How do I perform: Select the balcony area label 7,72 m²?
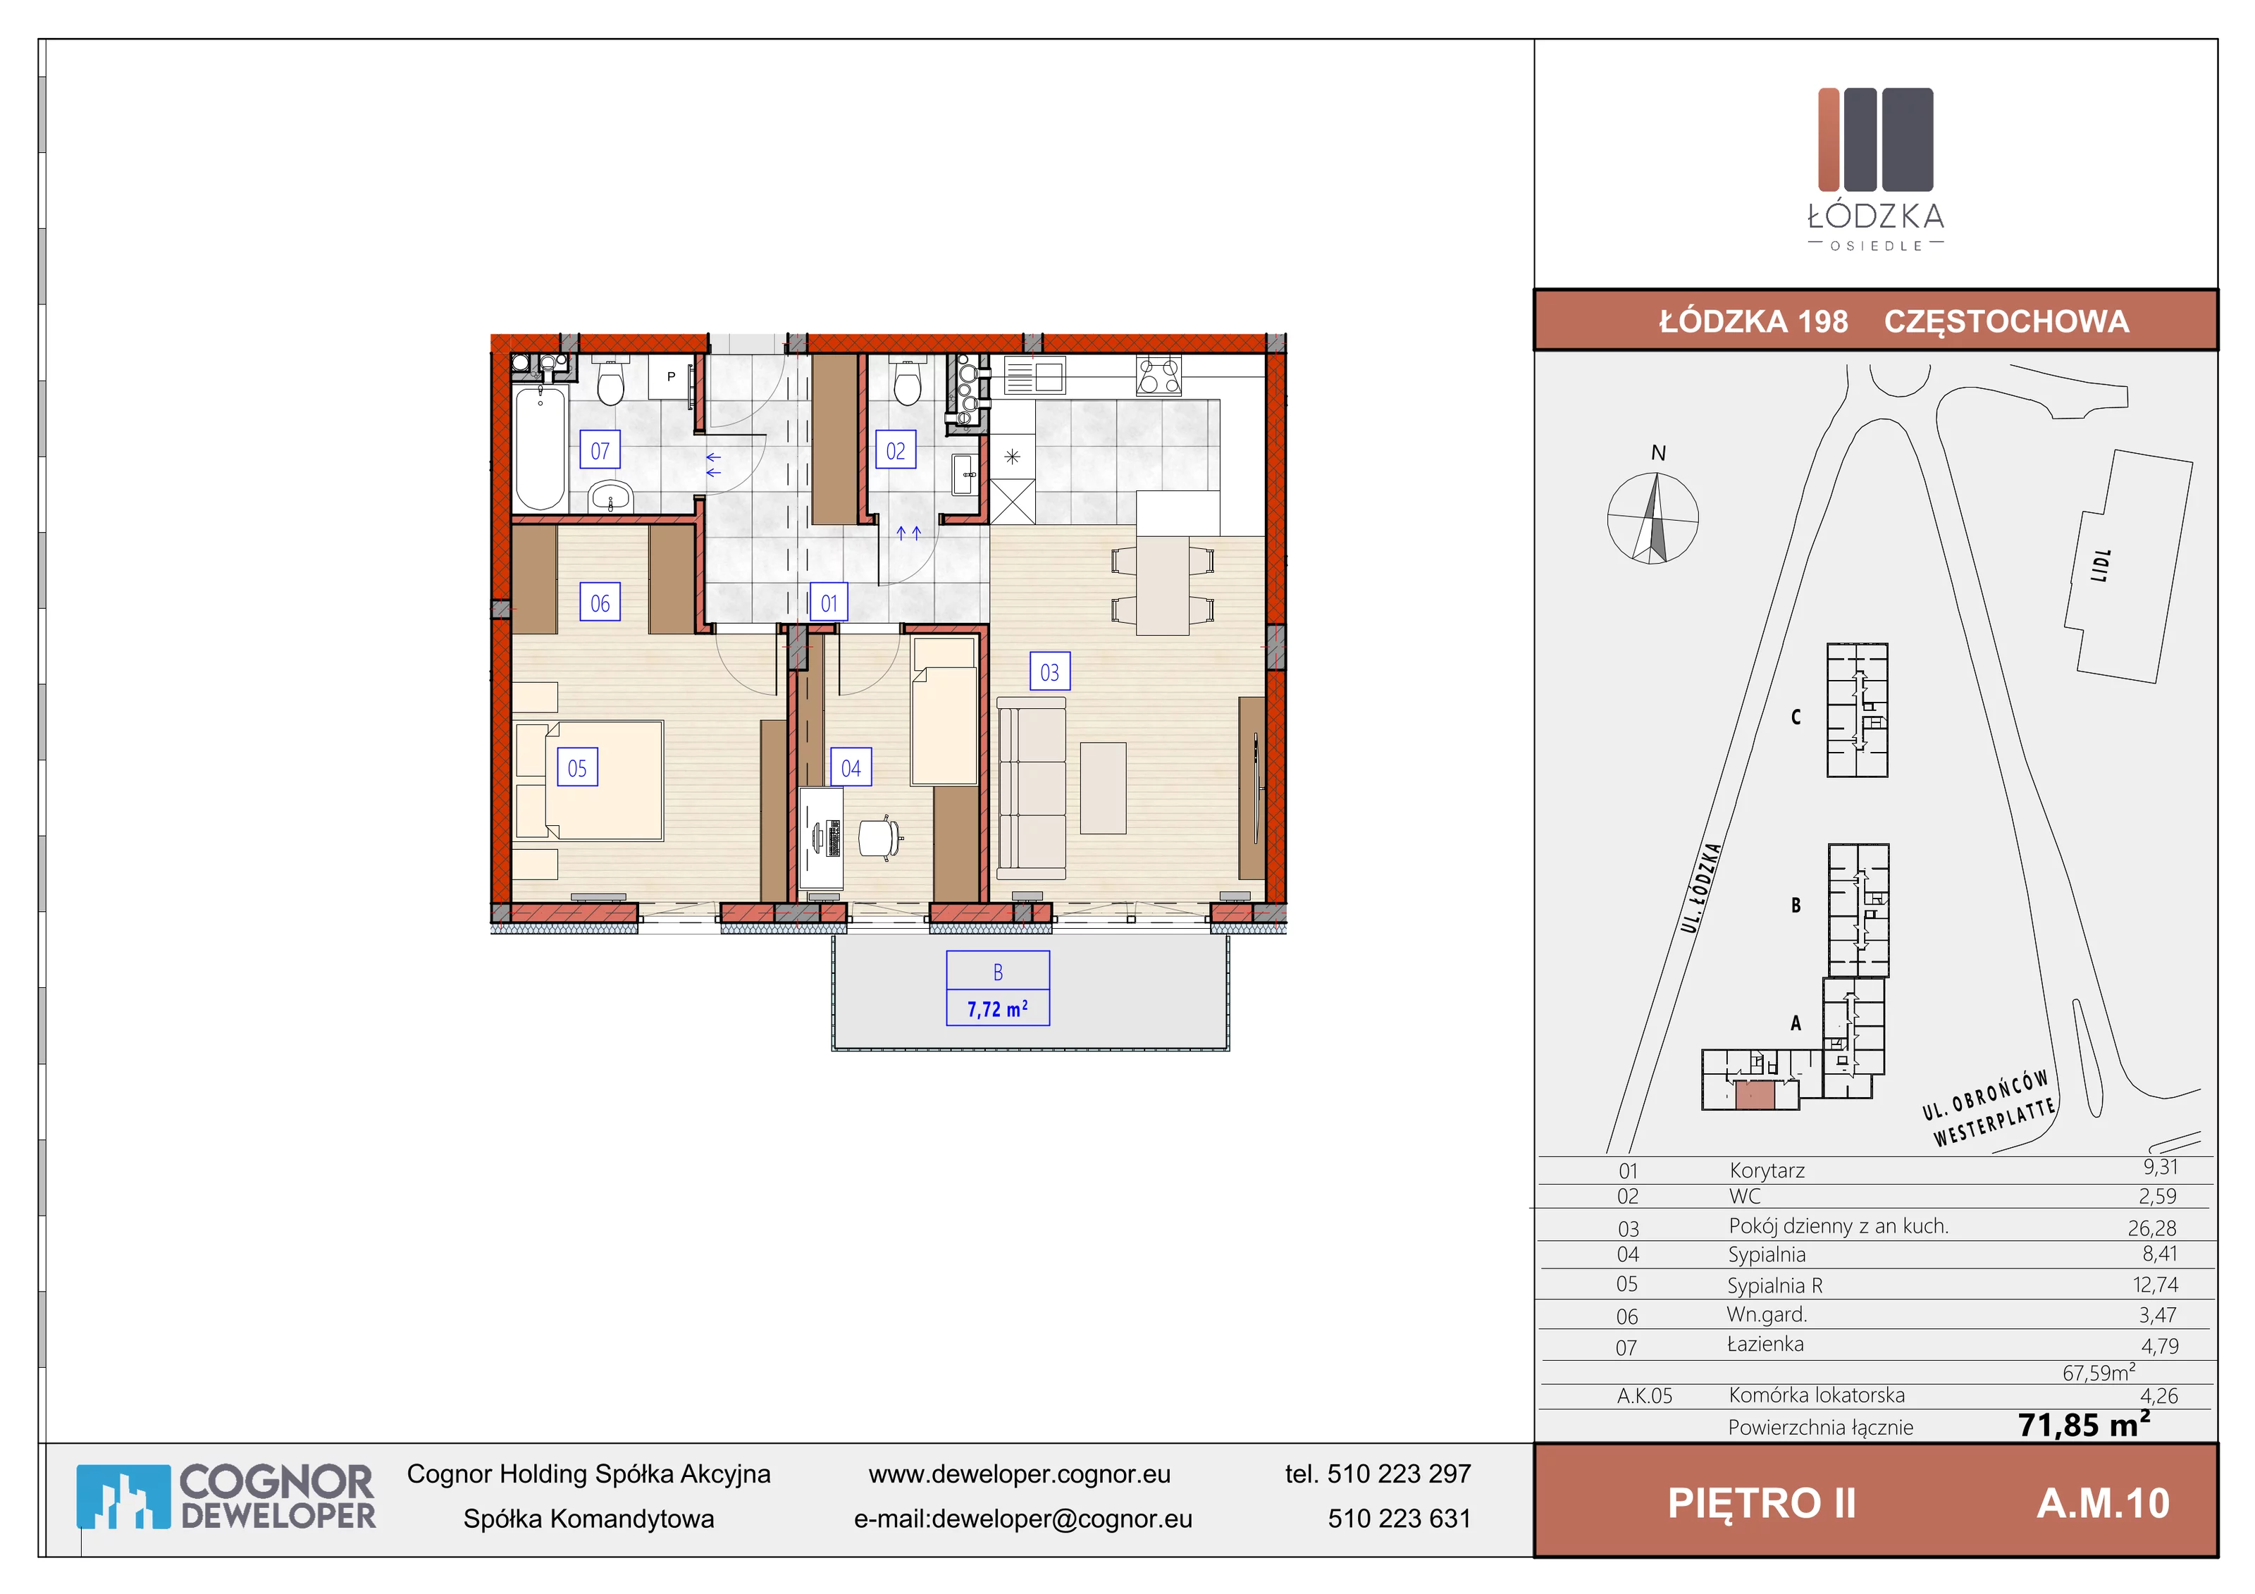coord(998,1008)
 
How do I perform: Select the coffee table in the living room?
coord(1103,788)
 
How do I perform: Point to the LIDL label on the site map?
coord(2101,566)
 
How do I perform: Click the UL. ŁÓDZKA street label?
coord(1700,888)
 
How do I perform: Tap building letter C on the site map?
coord(1796,717)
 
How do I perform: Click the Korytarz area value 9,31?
coord(2161,1167)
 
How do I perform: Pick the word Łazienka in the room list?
coord(1765,1344)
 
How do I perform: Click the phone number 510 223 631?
coord(1400,1519)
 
